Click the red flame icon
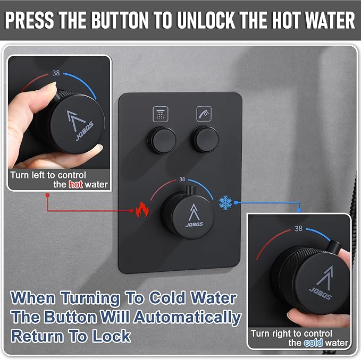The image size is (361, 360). [142, 209]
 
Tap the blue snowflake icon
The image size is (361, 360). [225, 203]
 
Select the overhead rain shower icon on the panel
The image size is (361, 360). [161, 114]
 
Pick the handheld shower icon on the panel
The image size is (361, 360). [204, 114]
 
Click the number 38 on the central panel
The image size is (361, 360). [182, 179]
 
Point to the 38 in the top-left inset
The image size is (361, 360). [56, 73]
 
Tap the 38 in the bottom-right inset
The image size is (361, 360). [298, 228]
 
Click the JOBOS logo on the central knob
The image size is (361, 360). [194, 224]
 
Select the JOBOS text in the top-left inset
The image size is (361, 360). [85, 131]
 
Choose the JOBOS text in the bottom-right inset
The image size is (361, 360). [320, 293]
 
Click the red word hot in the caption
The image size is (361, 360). [75, 185]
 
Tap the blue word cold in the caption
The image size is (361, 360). [313, 343]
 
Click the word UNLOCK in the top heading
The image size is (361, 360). [206, 20]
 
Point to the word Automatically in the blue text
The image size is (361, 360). [187, 318]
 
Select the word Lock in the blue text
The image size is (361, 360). [112, 336]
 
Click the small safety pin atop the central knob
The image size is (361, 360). [191, 190]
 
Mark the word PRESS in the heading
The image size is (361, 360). [29, 20]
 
